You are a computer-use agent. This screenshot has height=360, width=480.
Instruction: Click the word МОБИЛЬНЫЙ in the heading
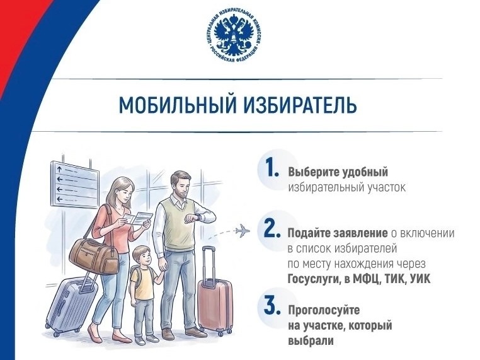178,105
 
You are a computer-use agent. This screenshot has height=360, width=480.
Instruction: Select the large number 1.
272,168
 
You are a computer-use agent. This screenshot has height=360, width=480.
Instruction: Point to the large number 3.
272,305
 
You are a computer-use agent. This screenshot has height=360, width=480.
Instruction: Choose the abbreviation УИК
420,279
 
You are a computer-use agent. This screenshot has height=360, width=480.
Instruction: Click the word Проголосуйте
324,310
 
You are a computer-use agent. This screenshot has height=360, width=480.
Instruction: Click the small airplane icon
242,230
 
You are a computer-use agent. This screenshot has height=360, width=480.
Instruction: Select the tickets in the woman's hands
137,218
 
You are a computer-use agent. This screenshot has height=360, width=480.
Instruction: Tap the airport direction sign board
75,185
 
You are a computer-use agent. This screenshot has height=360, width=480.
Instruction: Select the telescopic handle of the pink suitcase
209,266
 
